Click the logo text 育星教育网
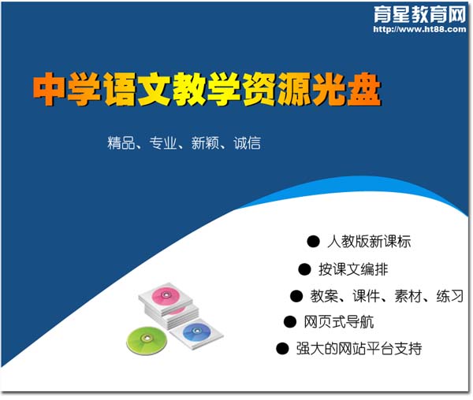420,14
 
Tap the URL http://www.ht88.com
419,29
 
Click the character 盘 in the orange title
364,90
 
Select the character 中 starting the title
49,90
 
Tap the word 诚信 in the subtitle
247,143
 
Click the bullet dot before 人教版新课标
313,242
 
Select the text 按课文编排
353,269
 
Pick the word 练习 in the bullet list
450,296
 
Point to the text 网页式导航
339,322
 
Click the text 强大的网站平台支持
359,349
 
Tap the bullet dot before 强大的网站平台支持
283,349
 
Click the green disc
147,340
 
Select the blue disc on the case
196,332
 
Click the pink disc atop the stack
166,295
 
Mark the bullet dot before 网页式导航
290,322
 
